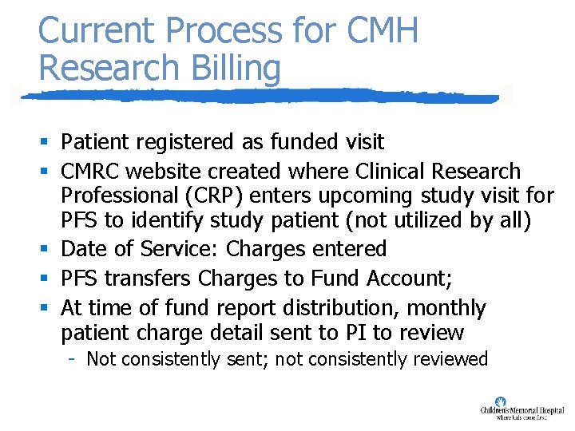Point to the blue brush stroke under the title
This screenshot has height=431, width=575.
(x=256, y=97)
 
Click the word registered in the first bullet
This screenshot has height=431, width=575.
(x=179, y=143)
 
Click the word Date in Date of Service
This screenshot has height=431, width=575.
(x=82, y=249)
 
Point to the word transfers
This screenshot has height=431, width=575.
(x=150, y=279)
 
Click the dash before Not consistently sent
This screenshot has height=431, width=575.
(x=72, y=358)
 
